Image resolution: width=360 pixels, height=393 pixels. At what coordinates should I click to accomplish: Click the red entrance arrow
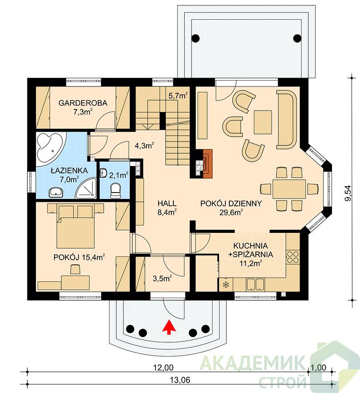pyautogui.click(x=169, y=327)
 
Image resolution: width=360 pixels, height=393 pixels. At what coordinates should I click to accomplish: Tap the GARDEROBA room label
pyautogui.click(x=83, y=103)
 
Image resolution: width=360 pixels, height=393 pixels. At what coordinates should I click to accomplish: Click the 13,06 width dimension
pyautogui.click(x=180, y=380)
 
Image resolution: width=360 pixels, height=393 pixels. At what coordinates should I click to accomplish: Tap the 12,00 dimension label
pyautogui.click(x=164, y=367)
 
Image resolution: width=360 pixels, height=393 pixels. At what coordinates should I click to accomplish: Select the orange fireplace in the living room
pyautogui.click(x=207, y=164)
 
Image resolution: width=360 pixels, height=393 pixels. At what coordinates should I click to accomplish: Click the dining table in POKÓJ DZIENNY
pyautogui.click(x=289, y=189)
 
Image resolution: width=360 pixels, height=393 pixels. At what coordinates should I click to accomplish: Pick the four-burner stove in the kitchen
pyautogui.click(x=293, y=256)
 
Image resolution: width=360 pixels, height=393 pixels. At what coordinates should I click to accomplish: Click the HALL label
pyautogui.click(x=167, y=203)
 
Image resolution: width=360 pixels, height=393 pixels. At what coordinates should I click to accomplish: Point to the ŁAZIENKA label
pyautogui.click(x=69, y=170)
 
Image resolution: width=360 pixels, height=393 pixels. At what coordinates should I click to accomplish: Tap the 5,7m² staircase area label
pyautogui.click(x=178, y=96)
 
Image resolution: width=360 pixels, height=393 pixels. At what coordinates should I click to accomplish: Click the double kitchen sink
pyautogui.click(x=255, y=284)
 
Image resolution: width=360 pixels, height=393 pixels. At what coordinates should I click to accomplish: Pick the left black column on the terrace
pyautogui.click(x=195, y=38)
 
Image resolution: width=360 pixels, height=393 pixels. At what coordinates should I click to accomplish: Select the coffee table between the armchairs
pyautogui.click(x=263, y=122)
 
